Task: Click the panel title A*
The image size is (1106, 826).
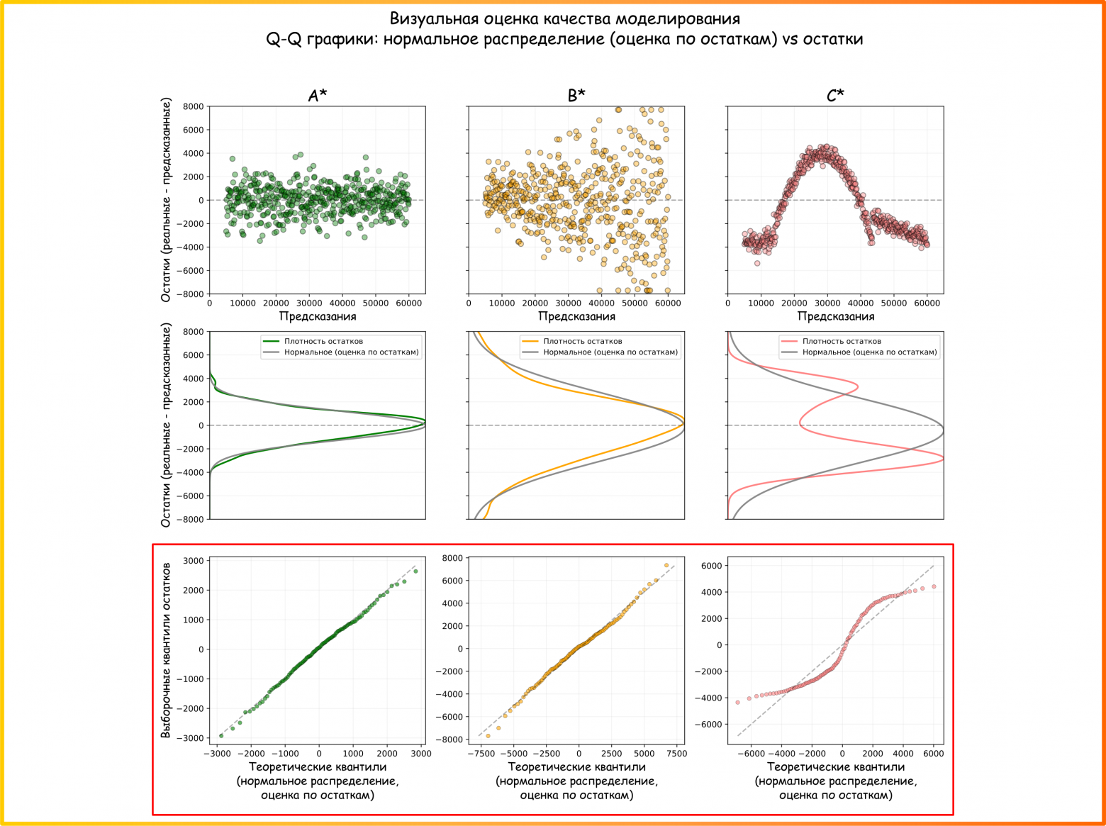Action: coord(318,96)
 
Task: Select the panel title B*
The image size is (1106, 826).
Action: coord(576,96)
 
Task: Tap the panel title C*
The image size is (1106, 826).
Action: coord(835,96)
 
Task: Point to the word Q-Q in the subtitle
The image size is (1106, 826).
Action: coord(284,39)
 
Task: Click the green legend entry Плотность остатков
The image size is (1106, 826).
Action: coord(323,341)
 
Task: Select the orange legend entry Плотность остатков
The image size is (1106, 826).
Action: coord(582,341)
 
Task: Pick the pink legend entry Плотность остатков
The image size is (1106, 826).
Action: coord(842,341)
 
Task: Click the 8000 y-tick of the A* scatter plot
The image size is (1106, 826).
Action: coord(193,106)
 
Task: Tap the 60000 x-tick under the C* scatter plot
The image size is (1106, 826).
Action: coord(927,303)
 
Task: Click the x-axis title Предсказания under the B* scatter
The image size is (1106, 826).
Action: coord(576,316)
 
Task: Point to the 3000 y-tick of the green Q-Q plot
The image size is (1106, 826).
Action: coord(193,561)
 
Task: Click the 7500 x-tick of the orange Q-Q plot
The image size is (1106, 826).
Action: coord(676,754)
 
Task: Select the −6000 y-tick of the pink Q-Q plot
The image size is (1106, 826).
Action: coord(711,725)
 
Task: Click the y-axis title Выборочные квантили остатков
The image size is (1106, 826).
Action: coord(166,650)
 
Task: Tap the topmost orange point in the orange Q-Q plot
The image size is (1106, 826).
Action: coord(666,565)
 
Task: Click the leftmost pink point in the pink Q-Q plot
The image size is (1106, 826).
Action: coord(738,703)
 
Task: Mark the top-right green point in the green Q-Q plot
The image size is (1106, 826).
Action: coord(415,571)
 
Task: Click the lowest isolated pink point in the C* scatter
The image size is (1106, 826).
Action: coord(757,263)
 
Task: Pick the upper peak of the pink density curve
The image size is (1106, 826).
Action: coord(857,387)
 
